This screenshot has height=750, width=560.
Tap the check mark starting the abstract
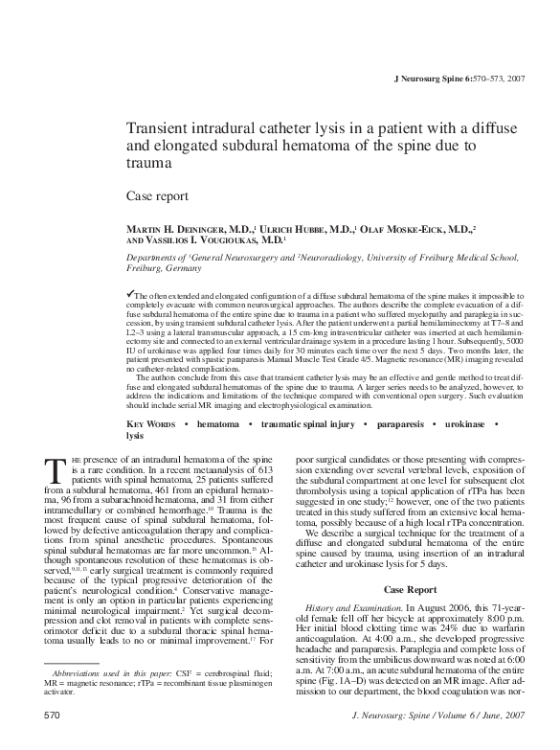pyautogui.click(x=131, y=290)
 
